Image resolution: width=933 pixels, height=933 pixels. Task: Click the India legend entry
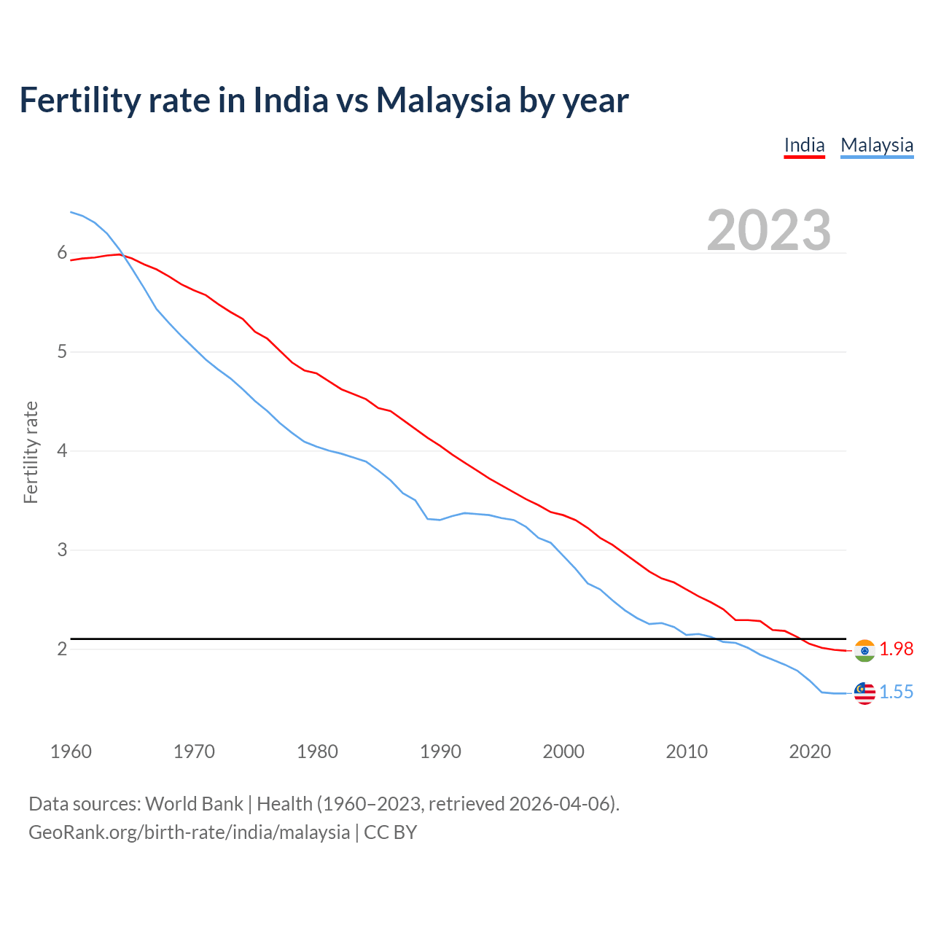click(x=804, y=145)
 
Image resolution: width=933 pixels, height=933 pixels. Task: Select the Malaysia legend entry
click(x=877, y=145)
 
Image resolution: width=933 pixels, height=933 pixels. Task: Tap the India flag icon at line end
click(x=864, y=650)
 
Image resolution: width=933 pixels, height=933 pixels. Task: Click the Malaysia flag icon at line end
click(x=864, y=693)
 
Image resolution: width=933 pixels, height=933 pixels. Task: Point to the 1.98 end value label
click(x=896, y=649)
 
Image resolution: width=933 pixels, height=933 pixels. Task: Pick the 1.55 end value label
click(x=896, y=692)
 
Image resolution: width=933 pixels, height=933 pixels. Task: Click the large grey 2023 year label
click(x=769, y=230)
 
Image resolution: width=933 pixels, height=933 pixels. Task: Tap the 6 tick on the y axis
click(x=62, y=253)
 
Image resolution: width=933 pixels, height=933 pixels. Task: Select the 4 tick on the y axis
click(x=62, y=450)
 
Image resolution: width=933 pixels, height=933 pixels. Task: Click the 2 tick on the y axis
click(x=62, y=649)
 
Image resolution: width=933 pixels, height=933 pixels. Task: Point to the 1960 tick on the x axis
click(x=71, y=752)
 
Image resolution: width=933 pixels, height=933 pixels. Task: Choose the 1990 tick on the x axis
click(x=440, y=752)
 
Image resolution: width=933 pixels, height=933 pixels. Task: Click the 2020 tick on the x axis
click(x=810, y=752)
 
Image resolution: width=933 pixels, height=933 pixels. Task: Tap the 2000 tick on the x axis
click(x=563, y=752)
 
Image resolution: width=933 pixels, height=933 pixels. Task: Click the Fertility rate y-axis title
click(x=31, y=452)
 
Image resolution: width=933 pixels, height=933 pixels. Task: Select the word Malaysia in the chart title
click(x=443, y=100)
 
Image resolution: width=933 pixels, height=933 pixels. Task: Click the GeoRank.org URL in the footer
click(x=189, y=832)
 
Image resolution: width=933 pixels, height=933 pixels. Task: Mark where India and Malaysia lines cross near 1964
click(x=122, y=254)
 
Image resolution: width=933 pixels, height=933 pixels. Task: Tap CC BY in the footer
click(x=390, y=832)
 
